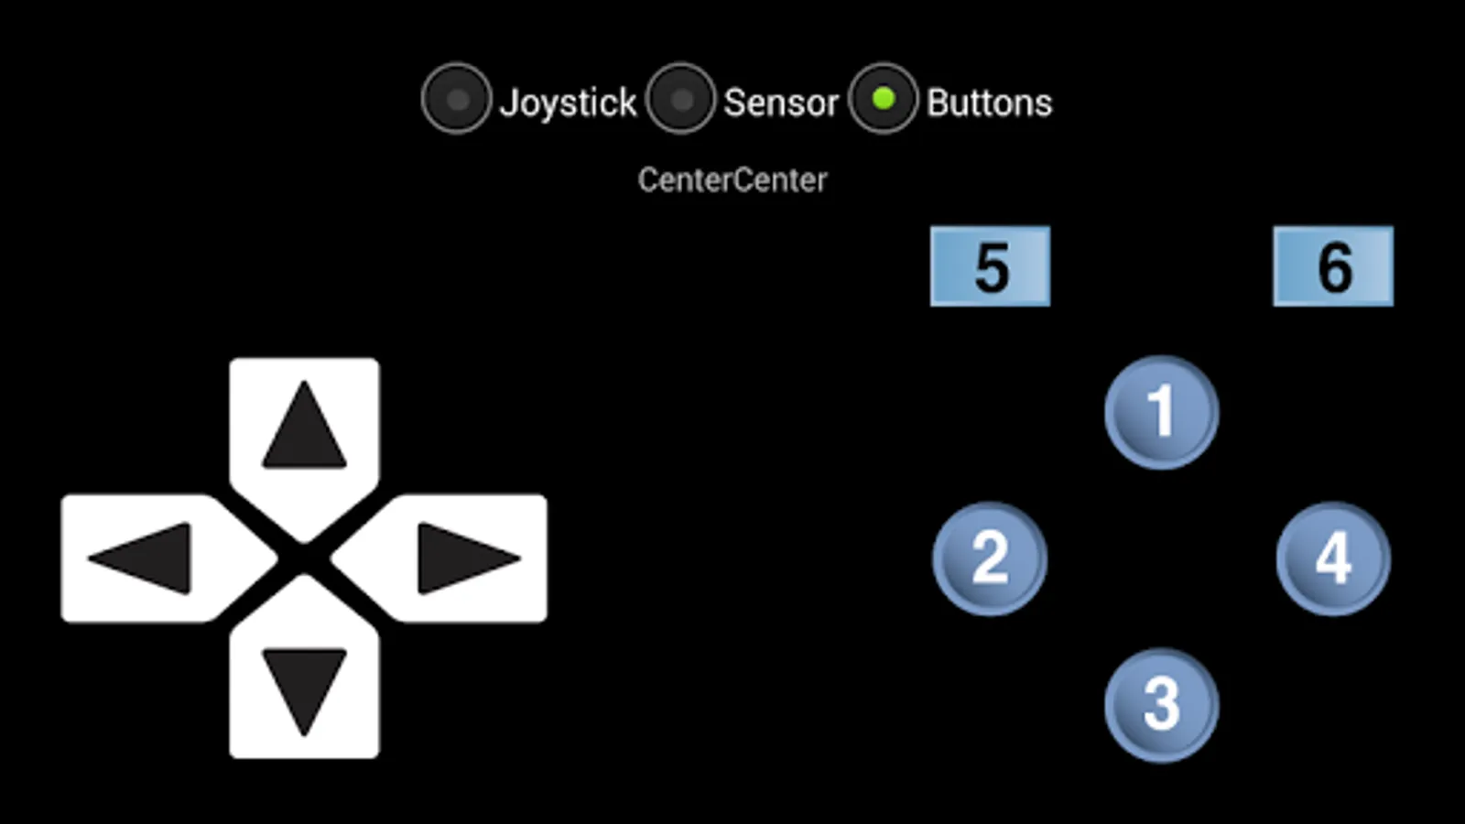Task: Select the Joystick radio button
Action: click(456, 99)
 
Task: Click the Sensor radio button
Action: click(680, 99)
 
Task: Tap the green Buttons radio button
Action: click(883, 99)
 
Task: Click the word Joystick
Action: click(568, 103)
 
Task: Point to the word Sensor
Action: click(781, 103)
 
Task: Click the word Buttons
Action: click(989, 103)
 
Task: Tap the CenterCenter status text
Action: click(732, 180)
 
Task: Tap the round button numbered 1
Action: click(1161, 412)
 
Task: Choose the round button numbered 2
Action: click(990, 558)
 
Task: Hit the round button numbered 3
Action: click(1161, 705)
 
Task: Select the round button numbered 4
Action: click(1333, 558)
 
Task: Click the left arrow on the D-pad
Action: click(142, 558)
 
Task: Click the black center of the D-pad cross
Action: click(304, 558)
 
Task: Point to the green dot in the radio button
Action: click(883, 98)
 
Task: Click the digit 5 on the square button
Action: click(992, 267)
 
